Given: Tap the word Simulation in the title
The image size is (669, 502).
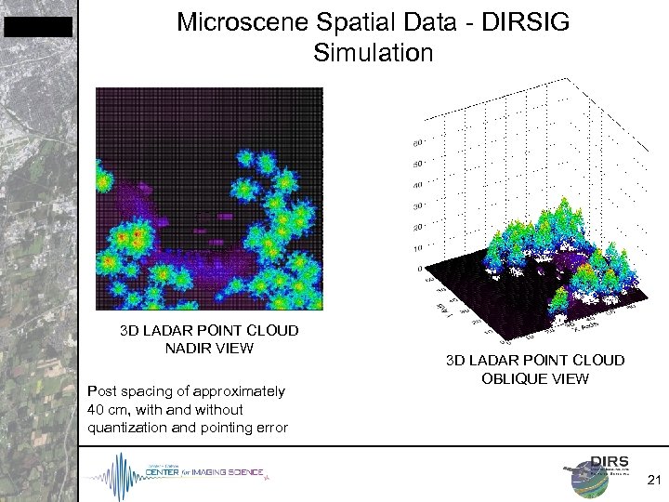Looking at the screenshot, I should coord(374,54).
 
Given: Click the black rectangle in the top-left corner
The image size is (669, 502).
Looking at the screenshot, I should coord(37,27).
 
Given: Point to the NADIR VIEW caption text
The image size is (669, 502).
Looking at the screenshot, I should coord(208,349).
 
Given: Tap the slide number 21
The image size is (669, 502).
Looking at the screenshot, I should coord(652,480).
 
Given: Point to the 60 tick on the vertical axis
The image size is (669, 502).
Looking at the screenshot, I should coord(416,143).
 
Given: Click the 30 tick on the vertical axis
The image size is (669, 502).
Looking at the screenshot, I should coord(416,205).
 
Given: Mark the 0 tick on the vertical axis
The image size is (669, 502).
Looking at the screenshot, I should coord(420,266).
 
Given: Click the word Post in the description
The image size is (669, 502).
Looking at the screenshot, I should coord(101,391).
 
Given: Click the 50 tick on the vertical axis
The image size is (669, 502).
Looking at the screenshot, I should coord(416,164).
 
